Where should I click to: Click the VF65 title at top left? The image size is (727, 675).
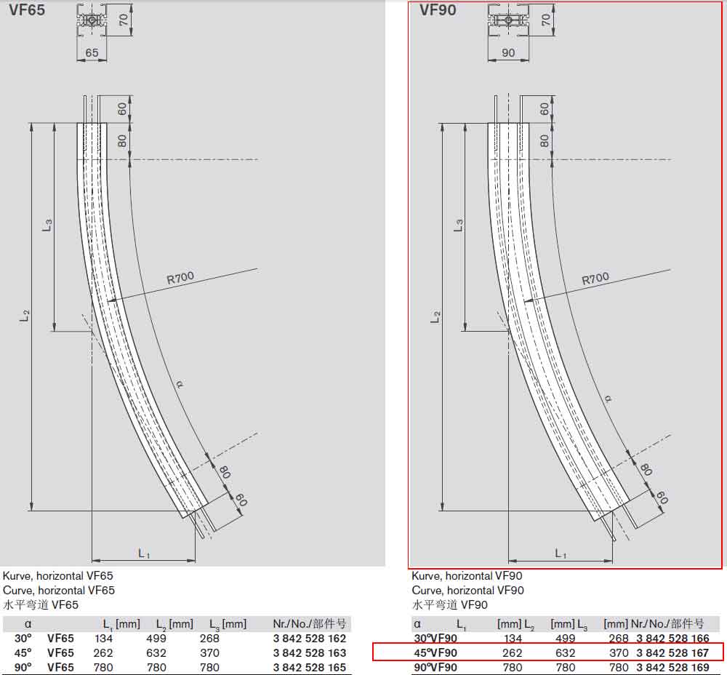coord(27,9)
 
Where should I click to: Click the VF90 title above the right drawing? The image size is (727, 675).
coord(438,9)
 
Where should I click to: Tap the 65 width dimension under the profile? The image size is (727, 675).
coord(92,53)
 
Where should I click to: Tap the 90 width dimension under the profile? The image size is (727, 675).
coord(508,53)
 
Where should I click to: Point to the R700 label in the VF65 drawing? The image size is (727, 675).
coord(180,278)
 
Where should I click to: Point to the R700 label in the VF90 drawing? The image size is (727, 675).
coord(595,279)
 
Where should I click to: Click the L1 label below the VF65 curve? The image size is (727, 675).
coord(144,553)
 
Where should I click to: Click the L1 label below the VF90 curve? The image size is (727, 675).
coord(560,553)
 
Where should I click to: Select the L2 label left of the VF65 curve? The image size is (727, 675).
coord(24,316)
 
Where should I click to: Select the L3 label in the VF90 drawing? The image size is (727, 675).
coord(459,225)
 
